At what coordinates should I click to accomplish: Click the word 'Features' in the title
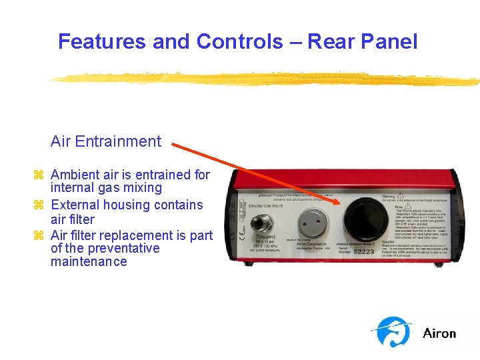click(x=102, y=41)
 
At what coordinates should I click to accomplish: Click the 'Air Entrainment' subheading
click(x=106, y=141)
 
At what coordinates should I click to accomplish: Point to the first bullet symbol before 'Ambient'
click(x=38, y=175)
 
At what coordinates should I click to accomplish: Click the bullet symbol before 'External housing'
click(x=38, y=205)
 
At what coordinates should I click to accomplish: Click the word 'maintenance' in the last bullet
click(x=89, y=261)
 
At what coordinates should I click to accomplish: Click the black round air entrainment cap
click(x=366, y=218)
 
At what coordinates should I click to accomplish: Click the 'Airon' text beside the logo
click(x=439, y=333)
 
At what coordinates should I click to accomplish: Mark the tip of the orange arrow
click(x=341, y=203)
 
